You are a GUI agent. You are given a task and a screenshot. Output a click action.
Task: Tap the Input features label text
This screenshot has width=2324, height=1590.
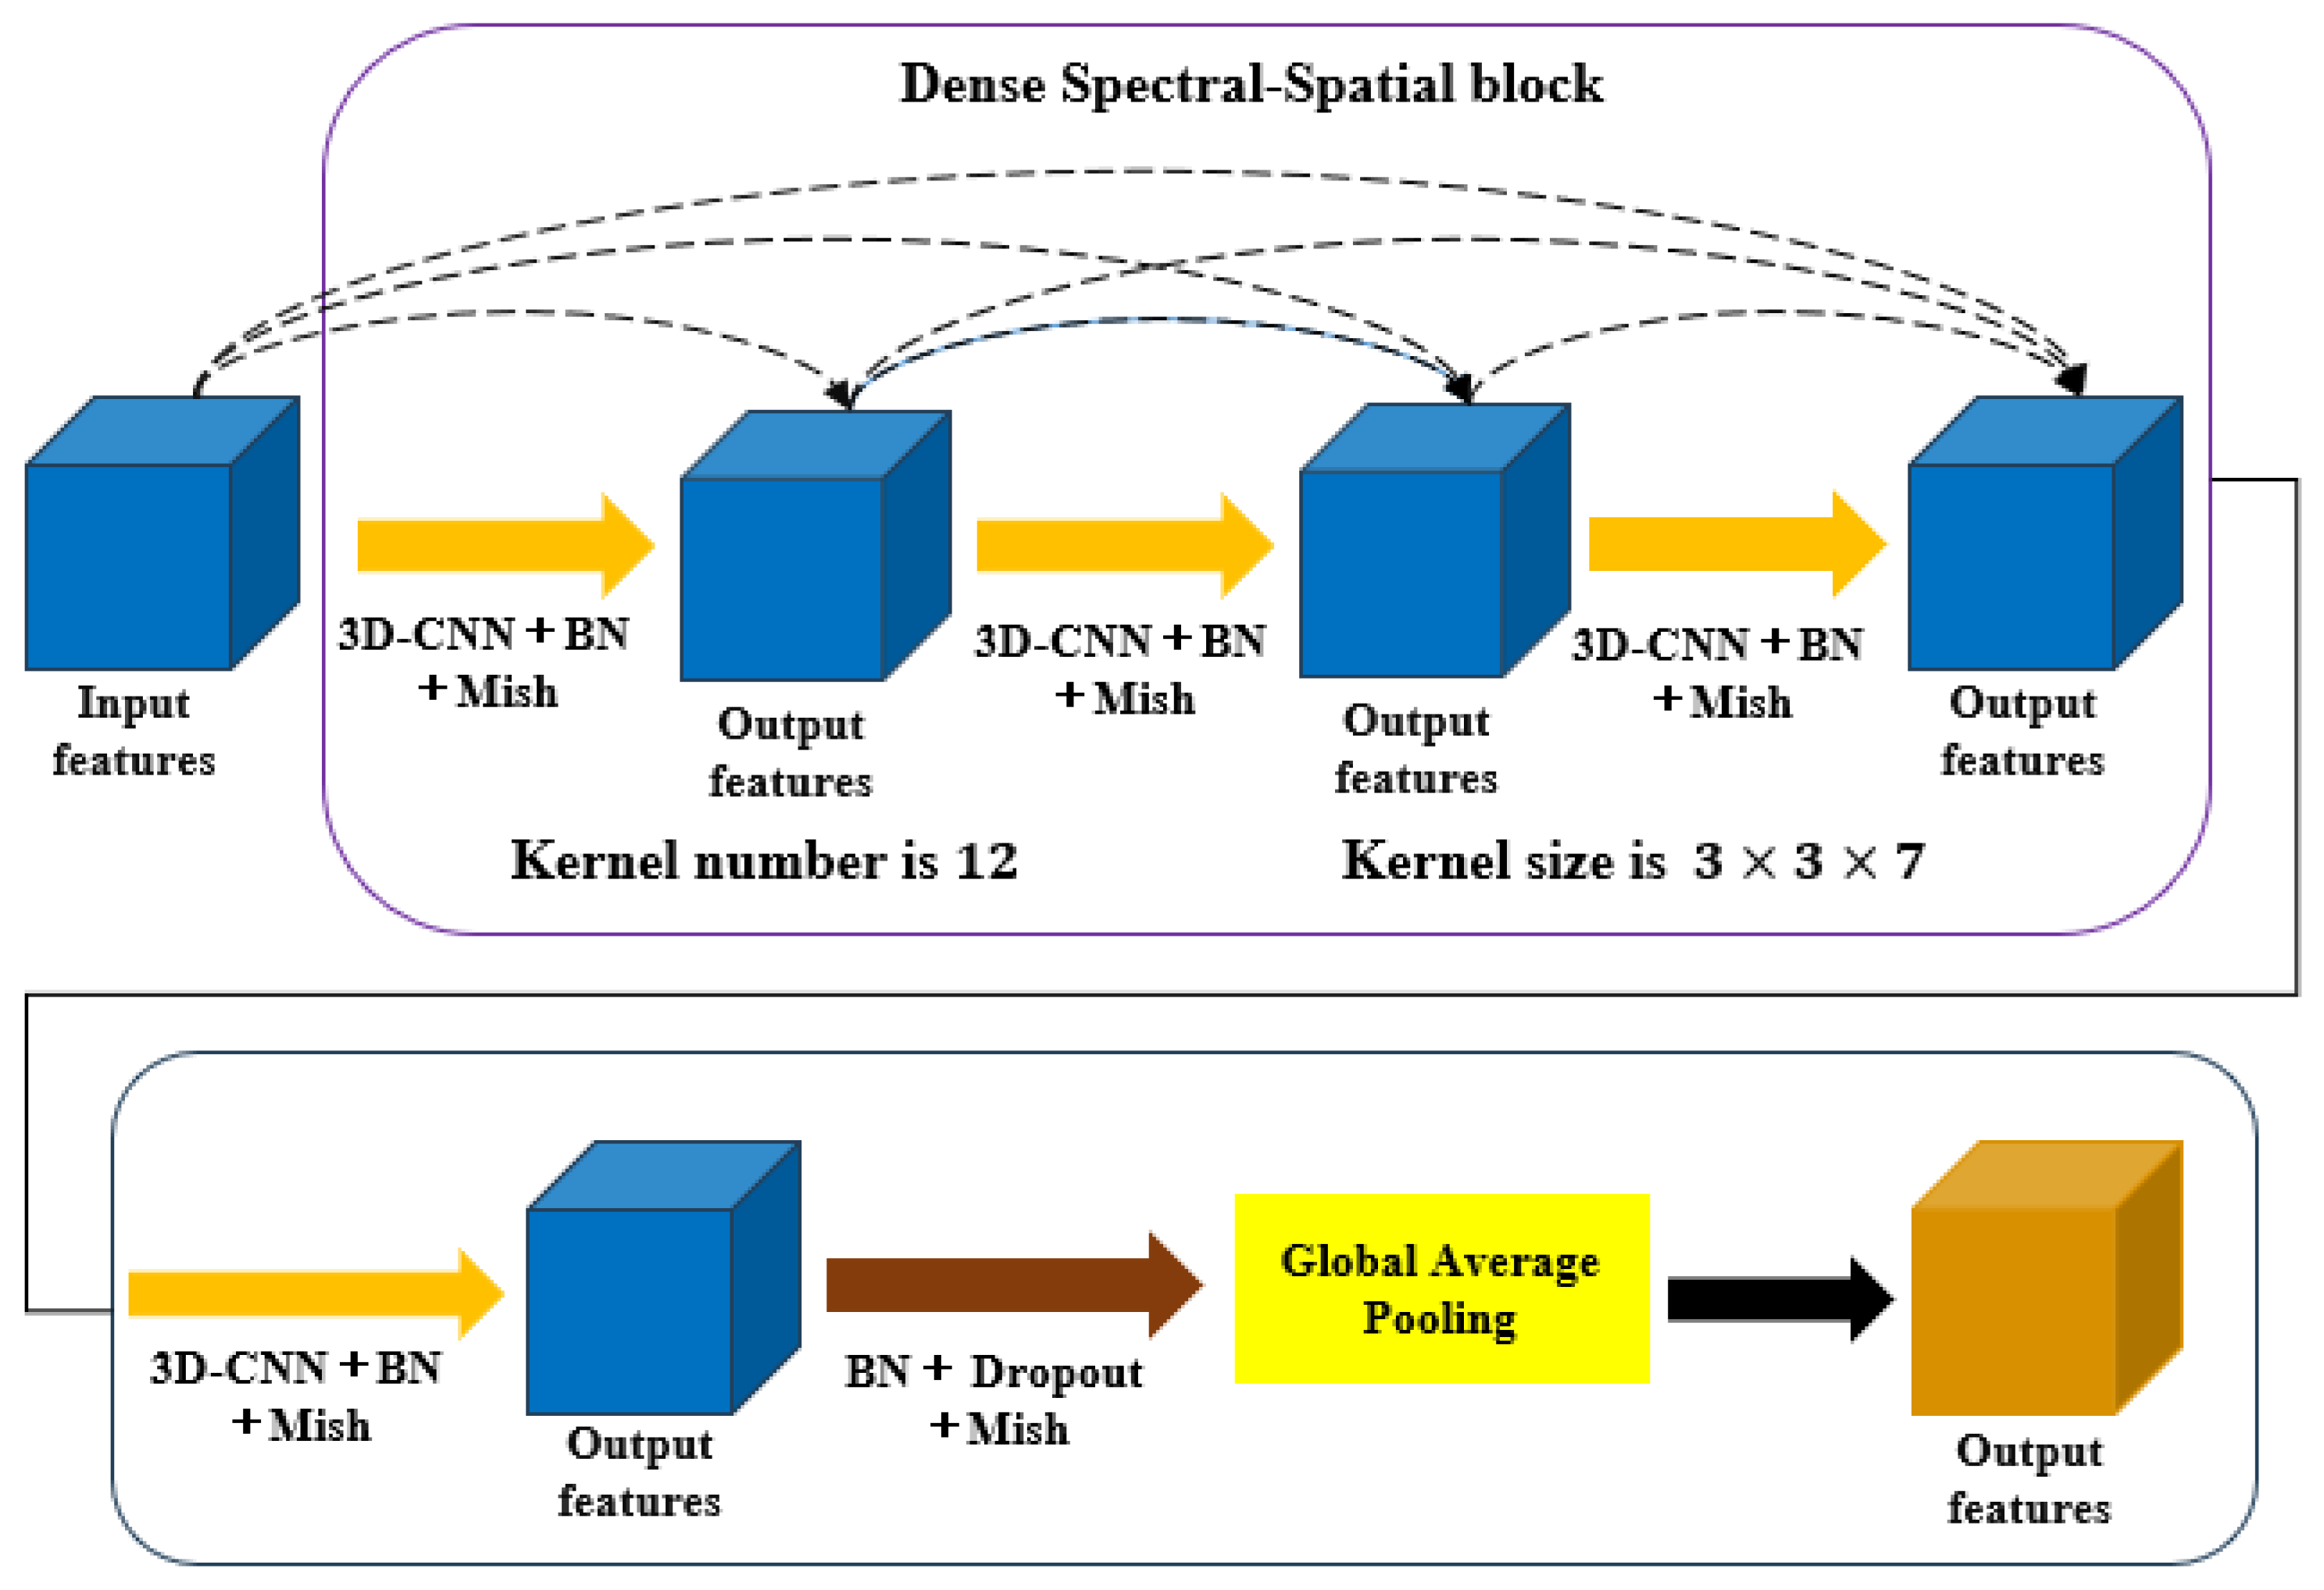(x=134, y=731)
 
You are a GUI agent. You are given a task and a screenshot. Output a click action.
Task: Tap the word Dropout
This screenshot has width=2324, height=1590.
(x=1056, y=1372)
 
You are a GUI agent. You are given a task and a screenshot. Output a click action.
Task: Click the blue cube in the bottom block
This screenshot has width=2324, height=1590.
(x=650, y=1290)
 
